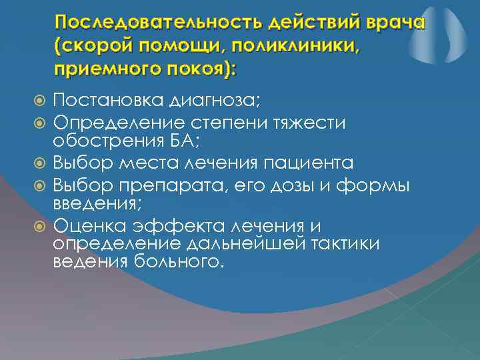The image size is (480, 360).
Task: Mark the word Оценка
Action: (85, 226)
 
